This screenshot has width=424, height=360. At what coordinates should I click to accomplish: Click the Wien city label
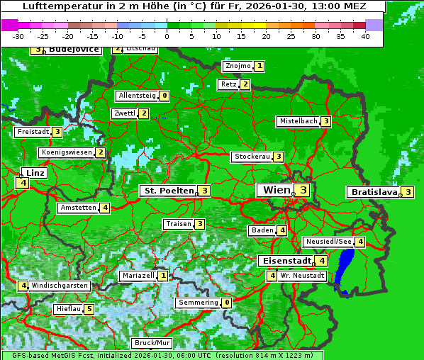pos(276,190)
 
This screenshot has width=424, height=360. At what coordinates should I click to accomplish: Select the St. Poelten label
pos(167,191)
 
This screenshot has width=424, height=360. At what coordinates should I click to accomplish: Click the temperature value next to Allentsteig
pos(164,96)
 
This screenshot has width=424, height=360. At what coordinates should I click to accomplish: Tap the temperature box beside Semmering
pos(227,303)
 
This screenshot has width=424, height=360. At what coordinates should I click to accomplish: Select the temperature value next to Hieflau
pos(89,309)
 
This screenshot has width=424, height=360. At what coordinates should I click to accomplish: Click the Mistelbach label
pos(298,121)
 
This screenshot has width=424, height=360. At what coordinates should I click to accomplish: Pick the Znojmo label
pos(238,66)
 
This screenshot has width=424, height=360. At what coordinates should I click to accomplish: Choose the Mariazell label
pos(138,276)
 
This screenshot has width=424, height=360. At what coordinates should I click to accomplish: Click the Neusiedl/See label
pos(328,242)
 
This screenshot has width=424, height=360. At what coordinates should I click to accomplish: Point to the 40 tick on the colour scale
pos(365,37)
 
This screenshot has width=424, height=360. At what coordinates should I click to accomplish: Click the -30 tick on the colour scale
pos(18,37)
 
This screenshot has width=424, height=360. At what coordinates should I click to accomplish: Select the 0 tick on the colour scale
pos(167,37)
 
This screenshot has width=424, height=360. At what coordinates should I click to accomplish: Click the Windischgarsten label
pos(60,286)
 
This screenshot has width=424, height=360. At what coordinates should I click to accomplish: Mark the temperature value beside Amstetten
pos(105,208)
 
